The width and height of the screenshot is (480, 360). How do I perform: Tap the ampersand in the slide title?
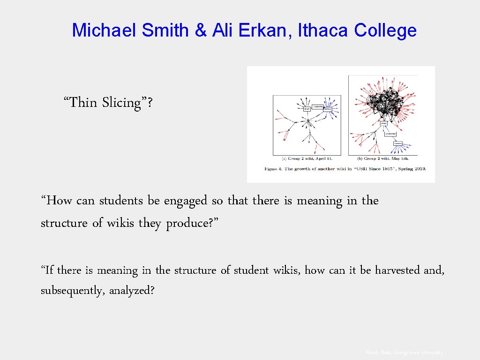200,30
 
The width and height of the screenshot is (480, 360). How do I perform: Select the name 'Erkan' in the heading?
269,30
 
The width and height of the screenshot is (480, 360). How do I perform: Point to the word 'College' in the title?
385,30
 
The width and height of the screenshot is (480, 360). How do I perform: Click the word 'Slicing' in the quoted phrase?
121,102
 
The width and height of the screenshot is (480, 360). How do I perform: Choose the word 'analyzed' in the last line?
131,291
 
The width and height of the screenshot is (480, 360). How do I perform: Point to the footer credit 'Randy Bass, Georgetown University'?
404,352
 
